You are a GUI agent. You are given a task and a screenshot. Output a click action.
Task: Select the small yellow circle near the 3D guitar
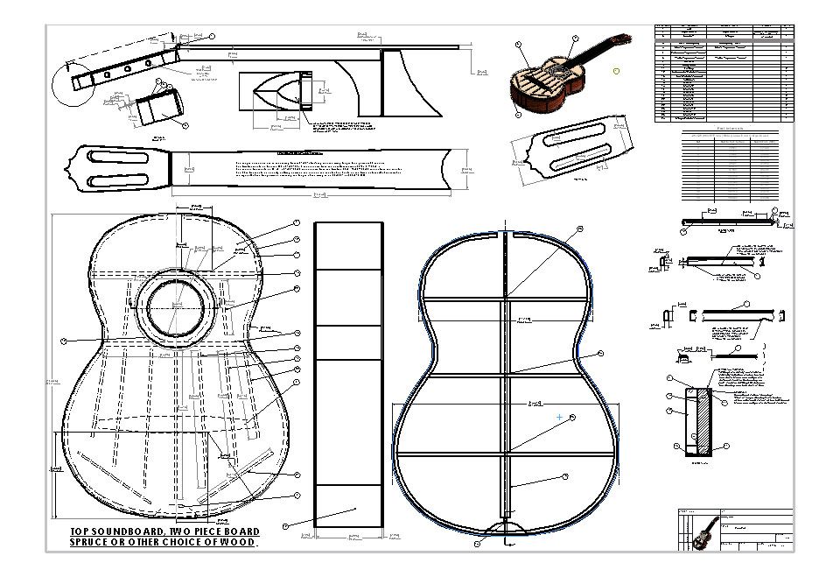point(616,70)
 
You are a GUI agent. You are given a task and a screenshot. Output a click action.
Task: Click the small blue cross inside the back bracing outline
point(559,418)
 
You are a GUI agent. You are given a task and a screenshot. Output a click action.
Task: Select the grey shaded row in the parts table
point(724,39)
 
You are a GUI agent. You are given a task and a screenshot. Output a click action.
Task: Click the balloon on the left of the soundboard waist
point(63,341)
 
